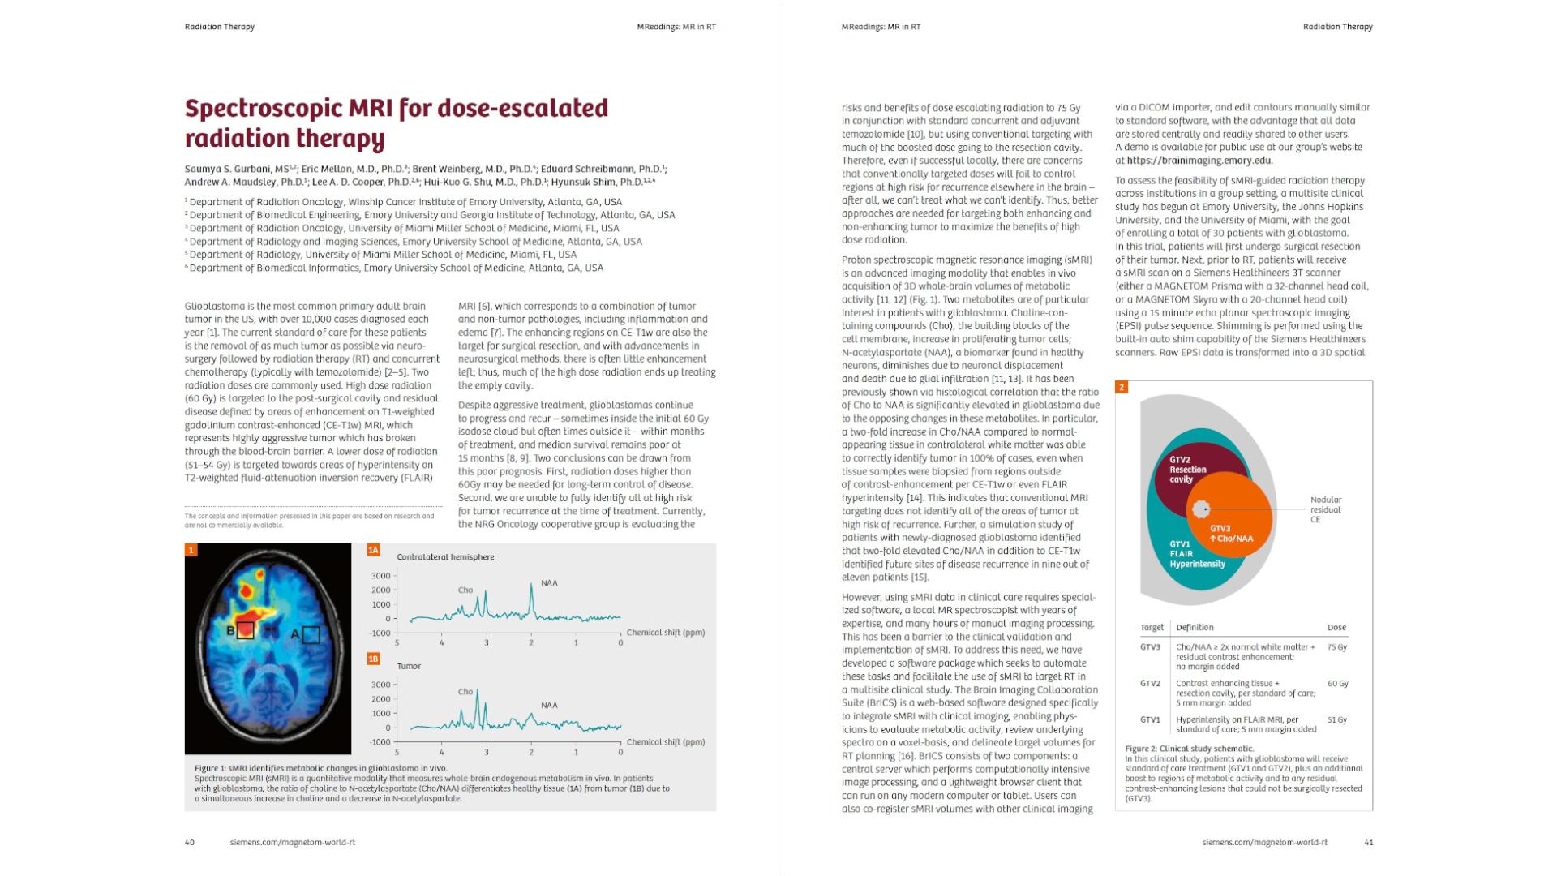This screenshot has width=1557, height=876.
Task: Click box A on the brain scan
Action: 311,634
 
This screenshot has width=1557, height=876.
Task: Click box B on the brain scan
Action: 246,629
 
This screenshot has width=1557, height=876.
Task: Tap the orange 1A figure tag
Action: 373,550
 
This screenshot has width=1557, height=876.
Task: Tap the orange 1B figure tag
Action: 373,659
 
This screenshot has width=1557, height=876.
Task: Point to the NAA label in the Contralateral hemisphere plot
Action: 549,583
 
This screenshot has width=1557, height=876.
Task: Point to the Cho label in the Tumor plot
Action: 465,692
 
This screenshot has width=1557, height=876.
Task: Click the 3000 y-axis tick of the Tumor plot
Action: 381,685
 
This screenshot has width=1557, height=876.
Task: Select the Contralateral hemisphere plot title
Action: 445,557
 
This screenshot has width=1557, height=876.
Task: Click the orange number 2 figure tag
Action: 1122,387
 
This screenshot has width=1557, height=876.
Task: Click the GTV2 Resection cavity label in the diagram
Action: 1187,470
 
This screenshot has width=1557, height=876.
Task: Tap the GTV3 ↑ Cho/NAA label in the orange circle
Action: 1230,534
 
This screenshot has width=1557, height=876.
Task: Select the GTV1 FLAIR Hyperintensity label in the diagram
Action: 1196,554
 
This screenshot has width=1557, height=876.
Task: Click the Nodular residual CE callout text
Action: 1325,509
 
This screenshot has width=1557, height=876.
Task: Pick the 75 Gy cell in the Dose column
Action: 1336,647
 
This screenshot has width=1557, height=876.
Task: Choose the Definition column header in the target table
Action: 1195,627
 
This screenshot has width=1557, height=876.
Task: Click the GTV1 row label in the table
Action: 1150,719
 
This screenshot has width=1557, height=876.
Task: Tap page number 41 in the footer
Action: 1368,842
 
